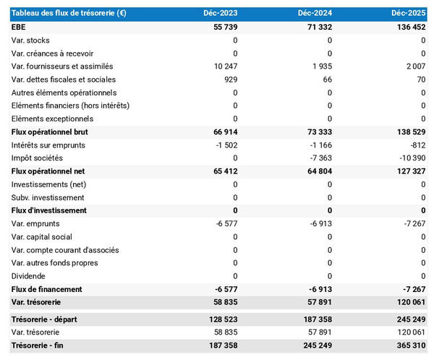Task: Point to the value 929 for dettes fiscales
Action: [x=230, y=79]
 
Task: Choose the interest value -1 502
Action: [x=225, y=145]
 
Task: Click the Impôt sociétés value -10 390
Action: [x=409, y=158]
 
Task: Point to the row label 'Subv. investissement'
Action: [x=48, y=197]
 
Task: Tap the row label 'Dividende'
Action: [x=28, y=275]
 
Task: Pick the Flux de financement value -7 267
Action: [x=412, y=289]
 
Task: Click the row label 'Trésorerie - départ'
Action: [x=46, y=319]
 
